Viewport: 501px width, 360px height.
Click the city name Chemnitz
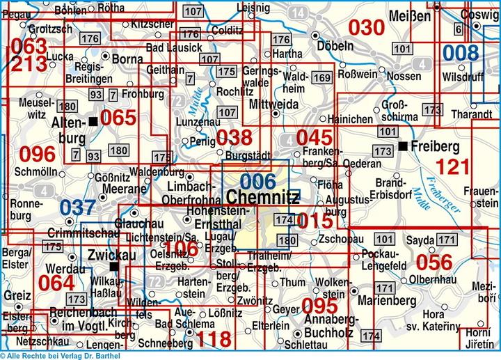click(x=263, y=198)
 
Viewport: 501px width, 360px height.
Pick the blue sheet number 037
click(x=77, y=208)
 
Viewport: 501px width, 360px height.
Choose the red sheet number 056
click(x=434, y=262)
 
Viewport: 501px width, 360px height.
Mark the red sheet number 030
click(x=366, y=28)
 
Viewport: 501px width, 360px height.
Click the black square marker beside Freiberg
click(x=403, y=146)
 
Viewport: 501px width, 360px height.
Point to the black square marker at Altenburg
click(x=93, y=122)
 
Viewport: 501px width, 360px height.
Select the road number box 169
click(x=321, y=77)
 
